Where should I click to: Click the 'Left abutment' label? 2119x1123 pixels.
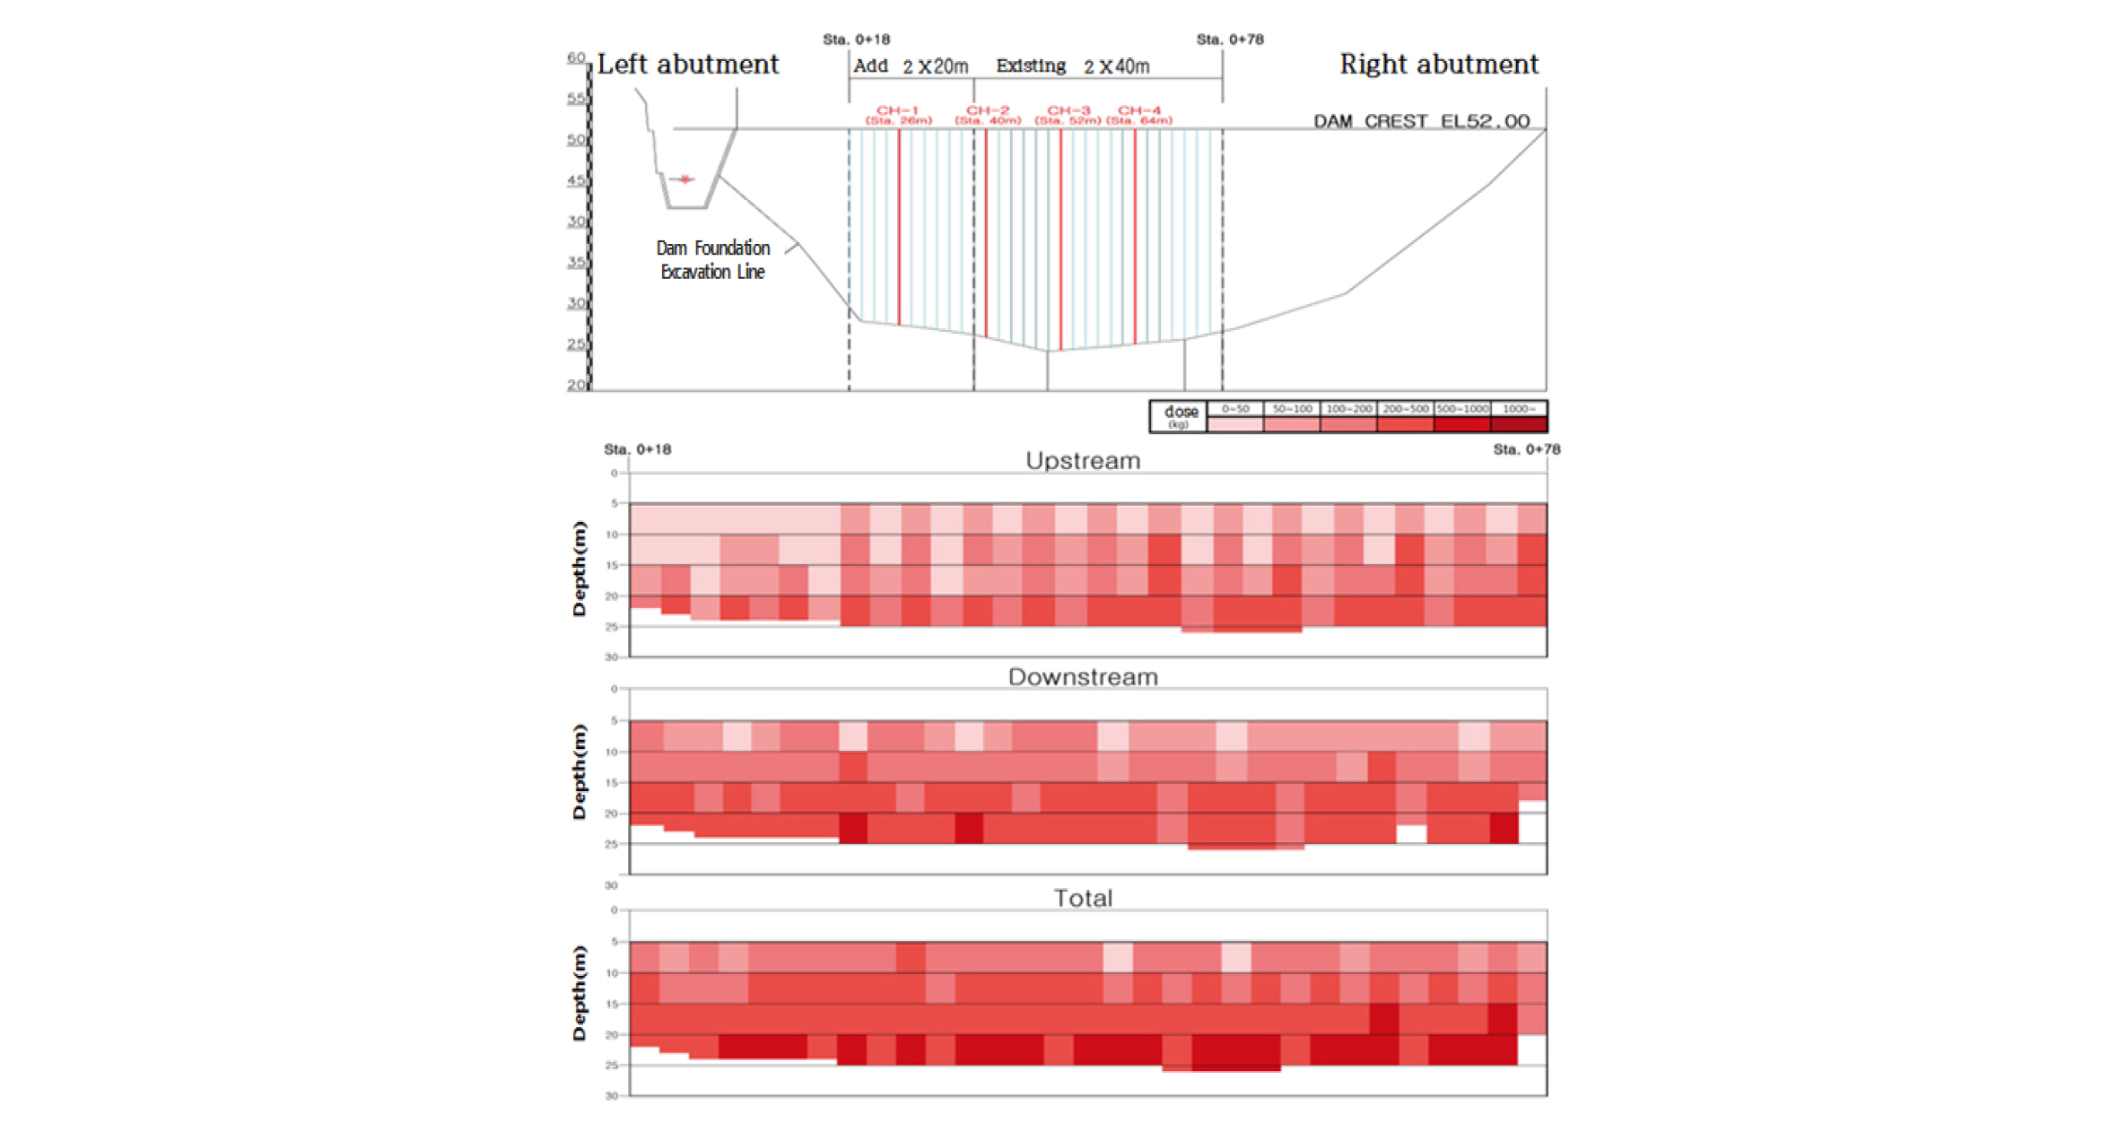tap(687, 65)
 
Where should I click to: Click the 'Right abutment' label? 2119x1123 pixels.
tap(1438, 65)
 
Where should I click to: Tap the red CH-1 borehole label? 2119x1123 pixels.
tap(898, 115)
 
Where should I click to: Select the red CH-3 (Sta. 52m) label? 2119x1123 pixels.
tap(1068, 115)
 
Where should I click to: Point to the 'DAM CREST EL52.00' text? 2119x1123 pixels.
tap(1421, 121)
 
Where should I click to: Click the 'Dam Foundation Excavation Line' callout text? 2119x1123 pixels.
tap(713, 259)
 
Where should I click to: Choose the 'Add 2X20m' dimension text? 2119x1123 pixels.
tap(911, 66)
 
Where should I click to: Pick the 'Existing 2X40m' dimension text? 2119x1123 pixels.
tap(1072, 66)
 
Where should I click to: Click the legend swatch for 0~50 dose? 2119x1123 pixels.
tap(1235, 424)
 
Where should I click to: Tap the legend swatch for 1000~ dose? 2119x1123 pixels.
tap(1518, 424)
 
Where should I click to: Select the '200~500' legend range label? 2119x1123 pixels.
tap(1405, 409)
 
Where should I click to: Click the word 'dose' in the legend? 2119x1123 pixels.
tap(1181, 412)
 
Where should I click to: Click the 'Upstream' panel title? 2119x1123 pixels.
tap(1083, 461)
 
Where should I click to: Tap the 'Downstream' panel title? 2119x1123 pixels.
tap(1083, 677)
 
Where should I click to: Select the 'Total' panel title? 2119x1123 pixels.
tap(1083, 899)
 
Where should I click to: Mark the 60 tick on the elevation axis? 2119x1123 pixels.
tap(576, 57)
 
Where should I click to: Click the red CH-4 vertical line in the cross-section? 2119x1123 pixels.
tap(1135, 233)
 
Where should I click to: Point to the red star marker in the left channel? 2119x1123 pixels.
tap(685, 179)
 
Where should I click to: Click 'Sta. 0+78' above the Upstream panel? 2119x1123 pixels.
tap(1526, 449)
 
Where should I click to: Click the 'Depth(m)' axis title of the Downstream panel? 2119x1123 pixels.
tap(580, 771)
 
